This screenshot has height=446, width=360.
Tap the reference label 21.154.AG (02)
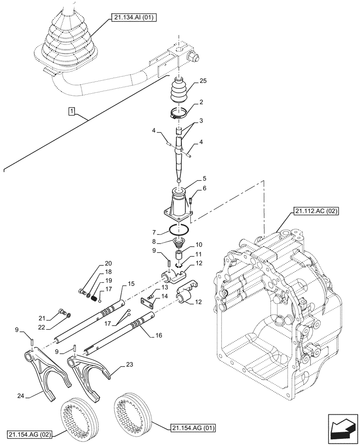click(x=30, y=434)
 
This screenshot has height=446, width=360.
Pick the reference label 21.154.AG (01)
click(x=193, y=429)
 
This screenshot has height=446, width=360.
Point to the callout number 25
click(x=203, y=82)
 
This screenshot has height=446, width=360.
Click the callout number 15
click(x=131, y=284)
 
